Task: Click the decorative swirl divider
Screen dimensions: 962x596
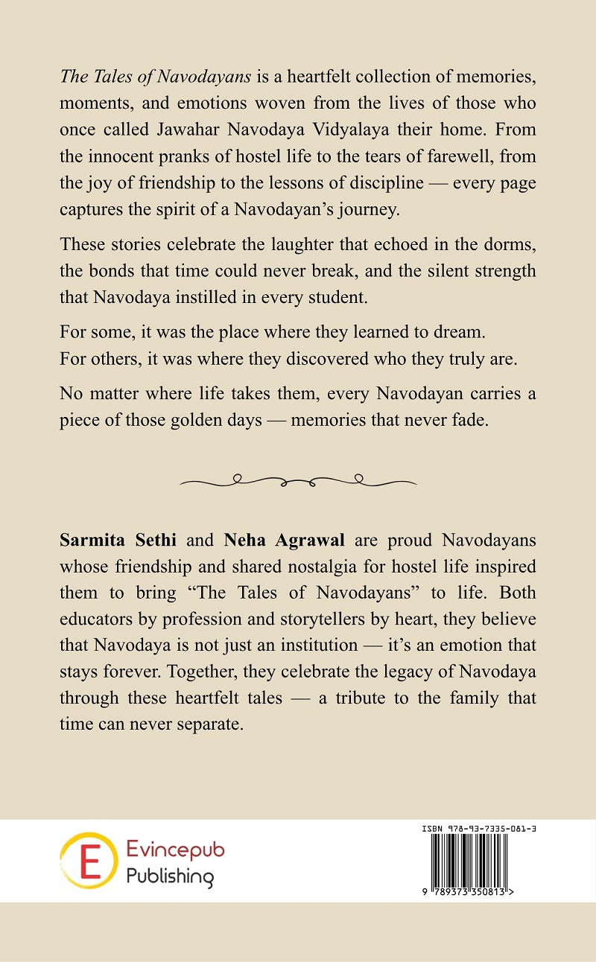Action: [298, 481]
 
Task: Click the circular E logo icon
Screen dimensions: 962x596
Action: [88, 861]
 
